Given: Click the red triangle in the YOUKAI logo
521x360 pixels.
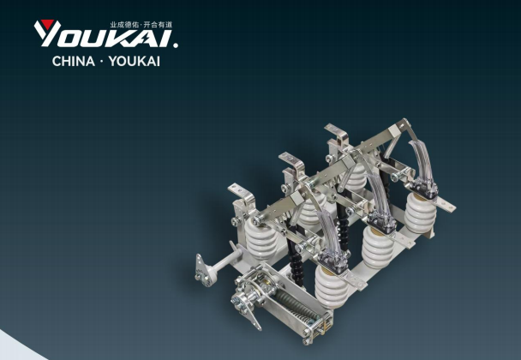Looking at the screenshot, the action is click(47, 24).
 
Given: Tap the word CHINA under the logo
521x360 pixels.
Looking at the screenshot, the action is click(74, 62).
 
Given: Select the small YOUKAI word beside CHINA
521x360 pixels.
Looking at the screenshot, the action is click(135, 62).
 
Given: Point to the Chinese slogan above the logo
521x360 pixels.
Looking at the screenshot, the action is click(141, 25).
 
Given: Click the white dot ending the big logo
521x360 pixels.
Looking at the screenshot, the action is click(176, 45).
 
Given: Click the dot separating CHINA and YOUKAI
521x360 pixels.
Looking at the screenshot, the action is click(102, 62).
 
